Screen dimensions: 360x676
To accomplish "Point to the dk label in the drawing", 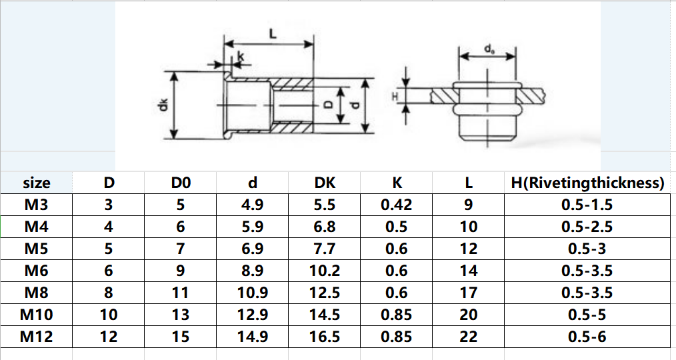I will coord(164,105).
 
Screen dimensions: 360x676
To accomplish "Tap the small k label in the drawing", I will coord(241,57).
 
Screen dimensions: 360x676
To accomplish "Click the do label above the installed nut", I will coord(489,49).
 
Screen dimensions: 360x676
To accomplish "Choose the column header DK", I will coord(325,183).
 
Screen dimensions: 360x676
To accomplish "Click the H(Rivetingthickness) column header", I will coord(587,183).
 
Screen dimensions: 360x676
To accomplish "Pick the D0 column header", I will coord(181,183).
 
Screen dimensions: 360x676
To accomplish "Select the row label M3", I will coord(37,205).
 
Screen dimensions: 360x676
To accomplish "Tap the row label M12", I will coord(37,337).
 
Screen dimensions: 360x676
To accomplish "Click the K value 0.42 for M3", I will coord(396,205).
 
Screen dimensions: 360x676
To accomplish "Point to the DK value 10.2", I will coord(325,271).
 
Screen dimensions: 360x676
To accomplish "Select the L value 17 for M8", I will coord(469,293).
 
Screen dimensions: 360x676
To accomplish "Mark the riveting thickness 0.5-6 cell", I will coord(587,337).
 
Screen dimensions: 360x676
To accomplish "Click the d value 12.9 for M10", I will coord(253,315).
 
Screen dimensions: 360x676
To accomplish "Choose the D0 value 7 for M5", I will coord(181,249).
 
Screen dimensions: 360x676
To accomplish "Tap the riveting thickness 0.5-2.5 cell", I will coord(587,227).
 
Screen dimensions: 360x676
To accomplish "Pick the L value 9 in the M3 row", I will coord(469,205).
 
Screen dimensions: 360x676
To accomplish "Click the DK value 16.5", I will coord(325,337).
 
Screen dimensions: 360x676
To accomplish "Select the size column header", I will coord(37,183).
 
